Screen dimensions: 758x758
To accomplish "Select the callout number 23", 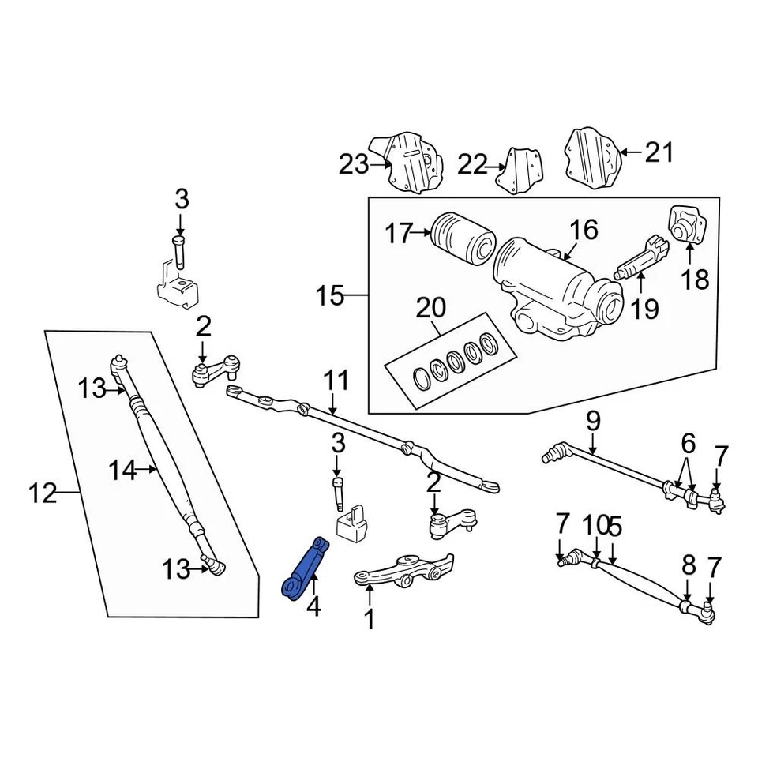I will point(353,164).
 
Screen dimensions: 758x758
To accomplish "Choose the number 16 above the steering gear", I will point(584,230).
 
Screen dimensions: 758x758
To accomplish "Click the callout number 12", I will point(43,494).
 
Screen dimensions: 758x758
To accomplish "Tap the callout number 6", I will point(688,441).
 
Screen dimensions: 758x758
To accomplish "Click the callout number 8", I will point(689,565).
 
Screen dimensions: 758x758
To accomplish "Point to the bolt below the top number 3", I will point(180,251).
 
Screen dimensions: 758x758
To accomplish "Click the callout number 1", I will point(369,619).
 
